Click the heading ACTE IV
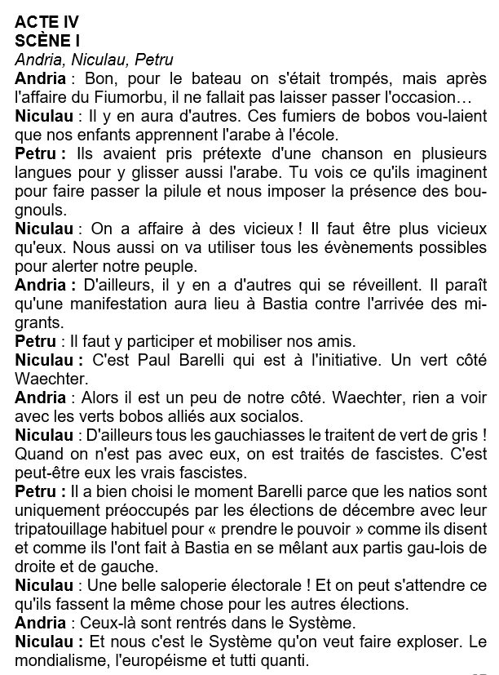(x=46, y=23)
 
